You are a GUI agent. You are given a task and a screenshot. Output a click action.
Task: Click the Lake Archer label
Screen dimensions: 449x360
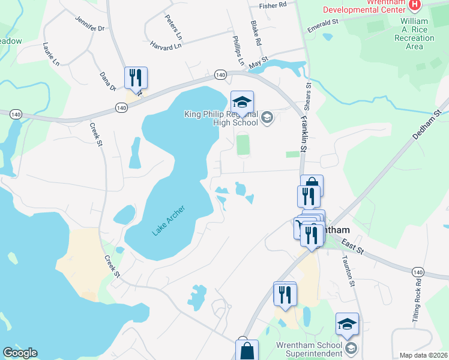point(169,220)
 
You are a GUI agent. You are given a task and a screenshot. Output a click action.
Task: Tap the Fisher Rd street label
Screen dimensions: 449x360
point(273,5)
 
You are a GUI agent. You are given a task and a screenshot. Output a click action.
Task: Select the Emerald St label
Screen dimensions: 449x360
point(323,22)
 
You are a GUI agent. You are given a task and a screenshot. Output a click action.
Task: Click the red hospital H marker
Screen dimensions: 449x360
point(414,5)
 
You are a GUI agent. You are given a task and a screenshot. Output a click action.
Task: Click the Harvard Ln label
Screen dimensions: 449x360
point(166,46)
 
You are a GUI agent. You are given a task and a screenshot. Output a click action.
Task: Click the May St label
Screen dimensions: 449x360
point(258,62)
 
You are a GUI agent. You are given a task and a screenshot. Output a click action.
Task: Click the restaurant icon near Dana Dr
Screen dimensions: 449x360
point(136,77)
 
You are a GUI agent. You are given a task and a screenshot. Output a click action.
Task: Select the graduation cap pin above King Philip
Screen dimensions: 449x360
point(242,101)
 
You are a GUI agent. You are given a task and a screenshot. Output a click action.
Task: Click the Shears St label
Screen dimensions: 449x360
point(309,95)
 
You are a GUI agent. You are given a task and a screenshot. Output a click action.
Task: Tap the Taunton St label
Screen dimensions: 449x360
point(349,269)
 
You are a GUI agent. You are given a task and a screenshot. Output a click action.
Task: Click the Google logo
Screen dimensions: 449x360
point(20,353)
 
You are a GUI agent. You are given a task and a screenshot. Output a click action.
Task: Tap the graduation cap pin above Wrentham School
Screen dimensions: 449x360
point(346,323)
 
